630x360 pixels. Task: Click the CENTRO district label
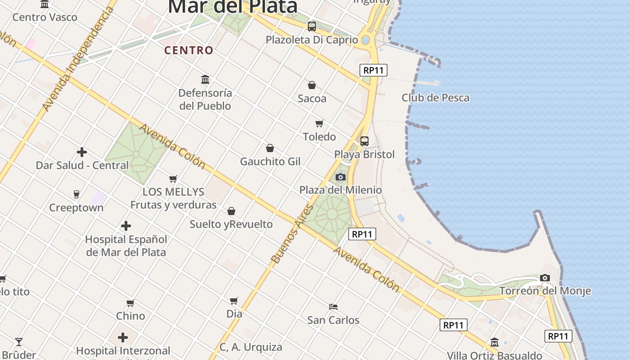[189, 50]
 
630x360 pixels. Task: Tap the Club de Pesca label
[435, 98]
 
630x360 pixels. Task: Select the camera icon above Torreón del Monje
[545, 278]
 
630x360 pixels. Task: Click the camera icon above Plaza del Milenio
[341, 177]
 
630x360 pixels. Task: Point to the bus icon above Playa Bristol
[364, 141]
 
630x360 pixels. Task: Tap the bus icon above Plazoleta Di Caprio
[312, 26]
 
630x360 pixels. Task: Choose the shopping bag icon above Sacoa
[311, 85]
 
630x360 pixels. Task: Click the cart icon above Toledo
[319, 123]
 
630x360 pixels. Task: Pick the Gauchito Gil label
[270, 161]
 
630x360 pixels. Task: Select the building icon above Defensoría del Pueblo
[205, 80]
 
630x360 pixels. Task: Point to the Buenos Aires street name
[292, 234]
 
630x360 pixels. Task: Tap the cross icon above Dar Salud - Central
[82, 152]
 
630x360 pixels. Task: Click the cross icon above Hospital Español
[126, 226]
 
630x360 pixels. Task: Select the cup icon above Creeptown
[76, 194]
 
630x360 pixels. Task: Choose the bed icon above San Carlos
[333, 307]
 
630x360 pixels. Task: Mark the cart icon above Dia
[234, 301]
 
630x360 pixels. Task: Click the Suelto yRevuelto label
[231, 224]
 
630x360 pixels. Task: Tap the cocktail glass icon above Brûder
[19, 342]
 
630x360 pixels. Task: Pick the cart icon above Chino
[130, 303]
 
